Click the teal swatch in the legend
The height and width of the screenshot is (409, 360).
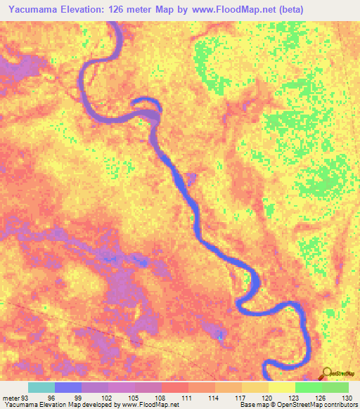pyautogui.click(x=41, y=387)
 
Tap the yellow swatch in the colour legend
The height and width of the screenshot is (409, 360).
pyautogui.click(x=282, y=387)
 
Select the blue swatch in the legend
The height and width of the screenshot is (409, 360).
pyautogui.click(x=68, y=387)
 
